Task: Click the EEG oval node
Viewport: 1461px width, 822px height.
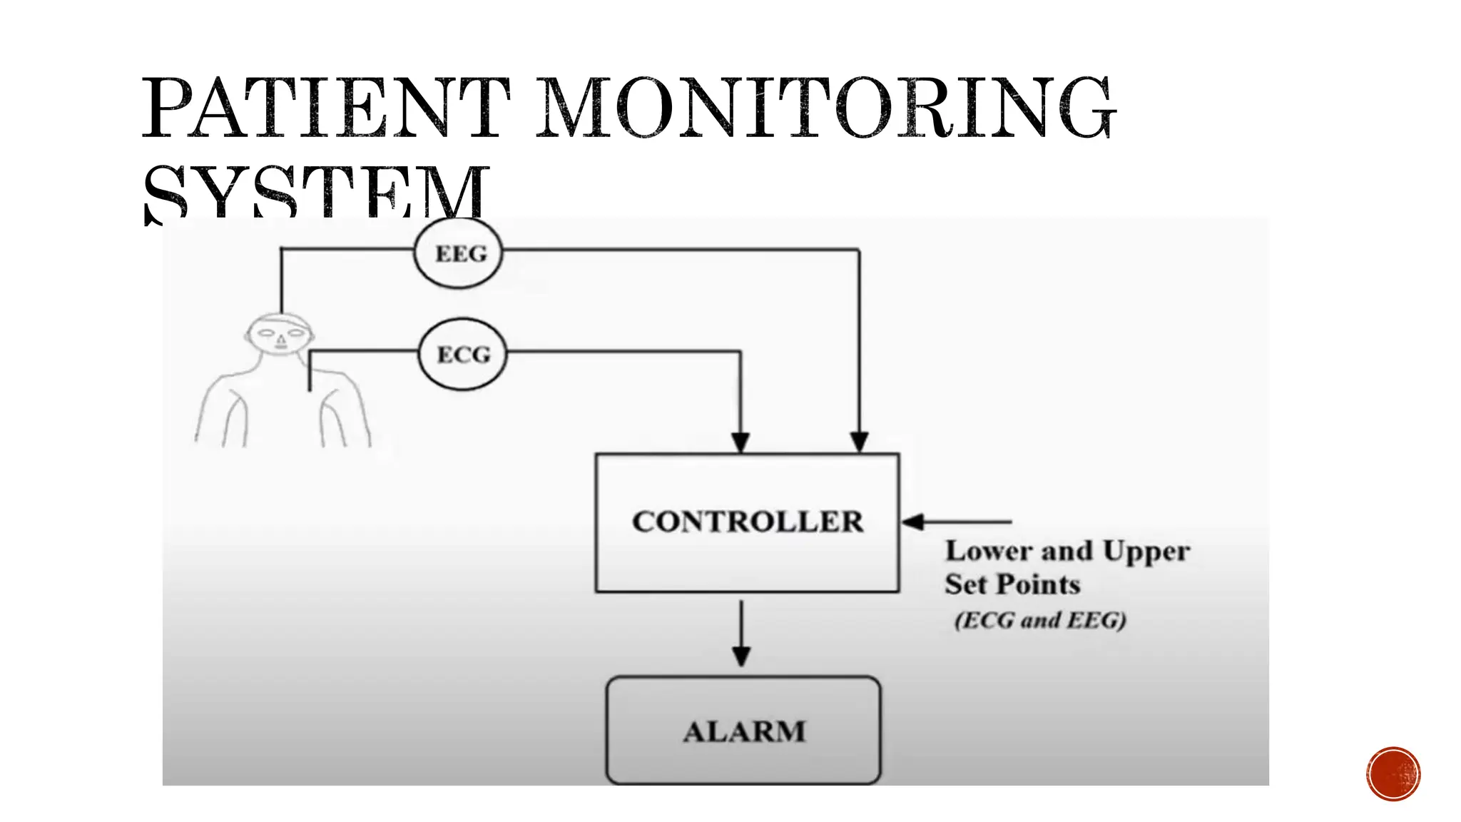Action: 459,253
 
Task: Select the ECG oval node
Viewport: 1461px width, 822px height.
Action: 463,354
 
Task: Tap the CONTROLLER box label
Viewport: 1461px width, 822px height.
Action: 747,522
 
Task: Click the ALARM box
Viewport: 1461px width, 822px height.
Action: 743,731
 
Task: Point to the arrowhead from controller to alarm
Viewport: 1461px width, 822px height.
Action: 741,656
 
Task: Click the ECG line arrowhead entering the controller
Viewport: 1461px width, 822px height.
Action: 740,442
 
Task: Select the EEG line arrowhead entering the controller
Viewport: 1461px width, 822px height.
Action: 859,442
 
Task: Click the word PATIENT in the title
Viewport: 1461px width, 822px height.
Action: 326,108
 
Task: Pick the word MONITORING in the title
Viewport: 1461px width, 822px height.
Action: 824,108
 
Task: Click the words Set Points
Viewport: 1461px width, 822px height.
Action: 1012,584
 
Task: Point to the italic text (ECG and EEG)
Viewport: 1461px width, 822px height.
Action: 1040,620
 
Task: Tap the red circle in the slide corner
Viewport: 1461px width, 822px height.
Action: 1393,773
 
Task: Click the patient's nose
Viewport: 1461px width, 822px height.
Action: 280,341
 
